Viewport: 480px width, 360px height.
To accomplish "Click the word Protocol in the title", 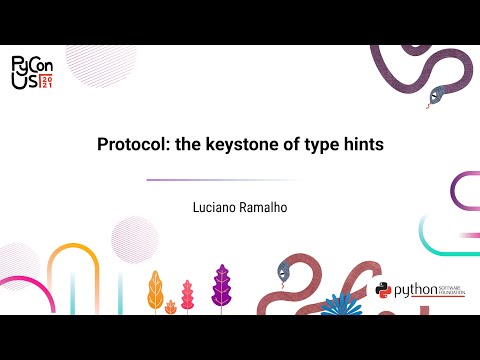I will [131, 144].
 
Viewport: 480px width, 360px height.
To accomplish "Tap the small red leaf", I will [186, 296].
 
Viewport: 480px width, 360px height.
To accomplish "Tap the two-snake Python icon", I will [382, 291].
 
